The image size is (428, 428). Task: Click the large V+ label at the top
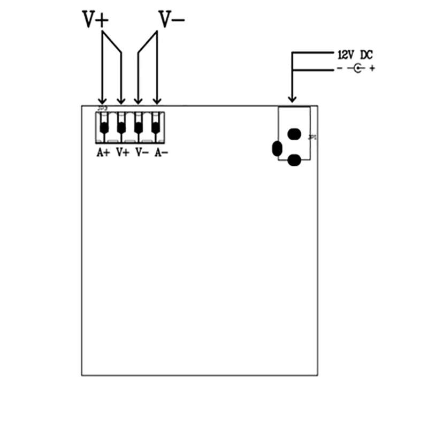tap(96, 20)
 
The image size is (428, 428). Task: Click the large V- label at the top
tap(171, 19)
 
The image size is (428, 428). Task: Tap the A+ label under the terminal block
tap(103, 152)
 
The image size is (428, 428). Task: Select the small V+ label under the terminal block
tap(123, 152)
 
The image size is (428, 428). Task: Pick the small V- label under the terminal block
tap(142, 152)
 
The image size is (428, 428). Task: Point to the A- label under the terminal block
tap(161, 152)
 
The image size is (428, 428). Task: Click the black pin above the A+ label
tap(104, 128)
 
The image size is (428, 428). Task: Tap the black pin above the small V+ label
tap(121, 128)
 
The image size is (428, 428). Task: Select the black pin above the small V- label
tap(139, 128)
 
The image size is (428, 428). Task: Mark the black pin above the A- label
tap(156, 128)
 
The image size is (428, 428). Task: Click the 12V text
tap(346, 55)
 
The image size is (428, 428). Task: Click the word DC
tap(366, 55)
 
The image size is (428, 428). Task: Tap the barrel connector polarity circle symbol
tap(358, 68)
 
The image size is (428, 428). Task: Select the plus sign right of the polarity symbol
tap(372, 68)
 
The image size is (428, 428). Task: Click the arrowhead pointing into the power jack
tap(292, 98)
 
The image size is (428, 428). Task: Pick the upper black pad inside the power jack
tap(294, 134)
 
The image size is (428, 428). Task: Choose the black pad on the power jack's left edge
tap(277, 149)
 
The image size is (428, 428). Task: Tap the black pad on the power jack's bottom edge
tap(294, 159)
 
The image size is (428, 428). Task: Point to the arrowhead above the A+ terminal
tap(102, 100)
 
